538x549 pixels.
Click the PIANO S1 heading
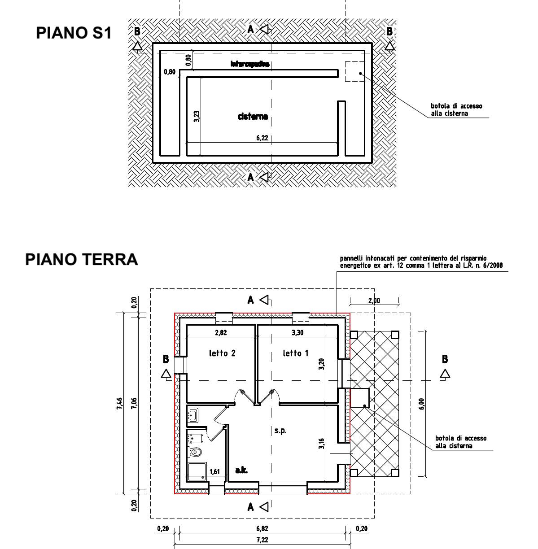click(x=74, y=33)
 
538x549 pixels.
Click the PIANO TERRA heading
click(x=81, y=260)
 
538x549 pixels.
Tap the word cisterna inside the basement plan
click(x=253, y=117)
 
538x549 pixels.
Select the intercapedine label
click(x=250, y=64)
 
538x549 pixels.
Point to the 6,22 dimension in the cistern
click(x=262, y=138)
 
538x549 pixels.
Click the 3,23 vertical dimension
click(x=197, y=116)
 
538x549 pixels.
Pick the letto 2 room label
click(x=222, y=353)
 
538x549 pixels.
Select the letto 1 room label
click(x=295, y=353)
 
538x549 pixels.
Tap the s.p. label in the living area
click(x=280, y=431)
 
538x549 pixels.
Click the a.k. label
click(x=241, y=471)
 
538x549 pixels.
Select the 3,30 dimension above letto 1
click(x=297, y=333)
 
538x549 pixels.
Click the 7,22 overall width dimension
click(x=262, y=540)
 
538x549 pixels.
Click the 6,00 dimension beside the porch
click(x=420, y=404)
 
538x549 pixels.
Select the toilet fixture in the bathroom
click(x=196, y=452)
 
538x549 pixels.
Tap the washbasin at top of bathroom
click(x=194, y=415)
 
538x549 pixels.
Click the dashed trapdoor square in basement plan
click(x=354, y=71)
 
